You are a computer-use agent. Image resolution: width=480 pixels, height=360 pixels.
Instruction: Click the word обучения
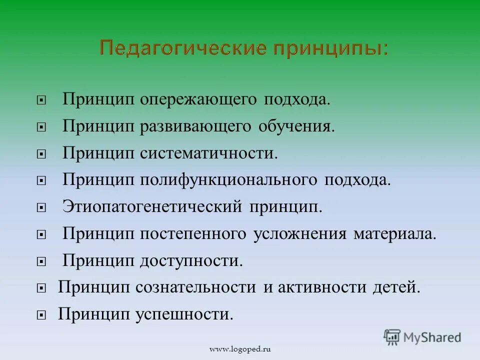click(x=296, y=126)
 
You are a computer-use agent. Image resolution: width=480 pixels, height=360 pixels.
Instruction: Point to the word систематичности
click(x=209, y=153)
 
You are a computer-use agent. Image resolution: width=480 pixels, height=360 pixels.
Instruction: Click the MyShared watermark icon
click(x=393, y=337)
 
